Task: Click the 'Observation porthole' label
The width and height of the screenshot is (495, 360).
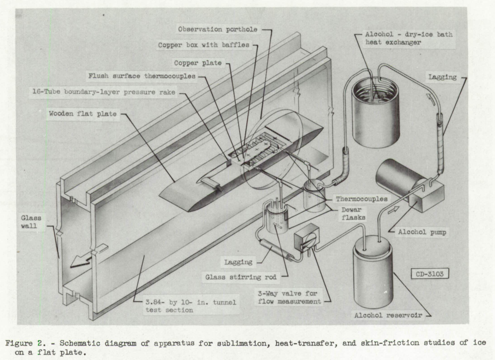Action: pos(218,29)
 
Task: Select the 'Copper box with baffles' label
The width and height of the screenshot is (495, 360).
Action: pos(205,45)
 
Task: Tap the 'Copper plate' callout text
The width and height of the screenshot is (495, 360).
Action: pos(203,63)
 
